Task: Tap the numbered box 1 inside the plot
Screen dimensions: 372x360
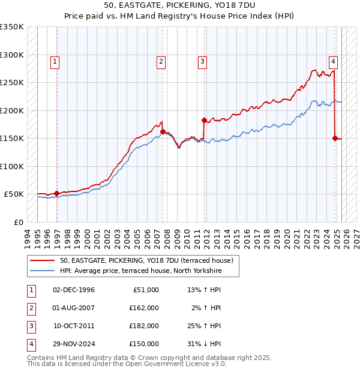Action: point(55,61)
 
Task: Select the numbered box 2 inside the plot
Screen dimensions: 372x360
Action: point(161,61)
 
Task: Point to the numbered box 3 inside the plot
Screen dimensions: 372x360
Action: point(202,61)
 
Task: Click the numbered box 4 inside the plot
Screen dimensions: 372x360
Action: point(332,61)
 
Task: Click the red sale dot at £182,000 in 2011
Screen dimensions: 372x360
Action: point(204,120)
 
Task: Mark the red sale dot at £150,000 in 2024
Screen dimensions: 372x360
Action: point(335,138)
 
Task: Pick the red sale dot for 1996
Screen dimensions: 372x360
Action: point(57,193)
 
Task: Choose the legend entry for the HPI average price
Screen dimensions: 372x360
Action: point(140,271)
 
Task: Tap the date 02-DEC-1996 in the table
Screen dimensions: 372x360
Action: point(74,290)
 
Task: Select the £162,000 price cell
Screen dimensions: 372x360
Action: point(144,308)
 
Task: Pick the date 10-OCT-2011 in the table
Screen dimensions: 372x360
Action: point(74,326)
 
